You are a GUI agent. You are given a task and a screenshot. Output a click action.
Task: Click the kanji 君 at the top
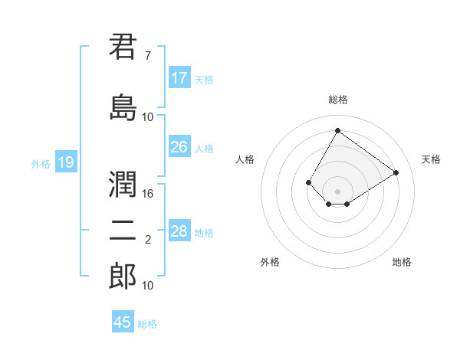point(123,47)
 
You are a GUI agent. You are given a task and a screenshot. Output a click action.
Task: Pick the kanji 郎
point(123,276)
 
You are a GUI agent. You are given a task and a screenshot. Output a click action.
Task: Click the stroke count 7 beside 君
point(147,56)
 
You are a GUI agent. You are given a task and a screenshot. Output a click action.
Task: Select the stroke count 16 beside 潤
point(148,194)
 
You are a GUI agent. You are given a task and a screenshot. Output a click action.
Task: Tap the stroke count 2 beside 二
point(147,240)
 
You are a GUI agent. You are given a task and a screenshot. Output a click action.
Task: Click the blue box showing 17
point(179,78)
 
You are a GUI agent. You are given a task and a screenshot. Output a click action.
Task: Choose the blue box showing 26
point(179,147)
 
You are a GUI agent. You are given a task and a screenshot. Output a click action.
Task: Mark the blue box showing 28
point(179,231)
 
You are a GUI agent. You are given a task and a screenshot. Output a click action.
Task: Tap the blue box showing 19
point(66,162)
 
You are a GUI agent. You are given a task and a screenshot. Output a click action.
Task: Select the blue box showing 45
point(123,322)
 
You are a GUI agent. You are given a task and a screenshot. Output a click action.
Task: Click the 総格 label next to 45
point(147,324)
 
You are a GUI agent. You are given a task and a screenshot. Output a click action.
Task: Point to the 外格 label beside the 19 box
point(41,163)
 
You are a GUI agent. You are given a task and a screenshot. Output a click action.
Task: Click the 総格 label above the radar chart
point(337,100)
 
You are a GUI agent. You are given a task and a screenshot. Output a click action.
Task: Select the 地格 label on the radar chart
point(402,262)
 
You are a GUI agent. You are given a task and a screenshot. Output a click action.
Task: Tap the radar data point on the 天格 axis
point(396,172)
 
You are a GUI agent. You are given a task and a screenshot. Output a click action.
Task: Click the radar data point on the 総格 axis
point(337,130)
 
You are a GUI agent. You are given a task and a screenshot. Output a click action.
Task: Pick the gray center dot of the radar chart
point(337,191)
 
